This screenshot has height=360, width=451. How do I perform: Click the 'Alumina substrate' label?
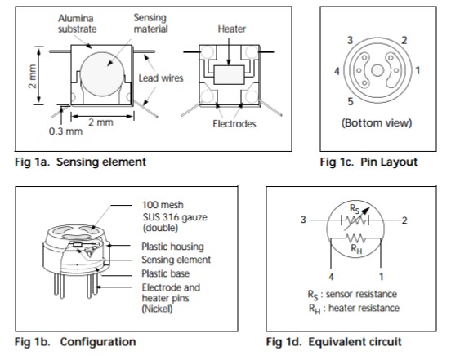click(x=77, y=24)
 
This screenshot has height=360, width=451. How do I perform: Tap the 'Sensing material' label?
click(x=150, y=24)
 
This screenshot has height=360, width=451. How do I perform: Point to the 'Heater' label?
click(x=231, y=29)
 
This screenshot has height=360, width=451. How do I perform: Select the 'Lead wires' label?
click(x=161, y=78)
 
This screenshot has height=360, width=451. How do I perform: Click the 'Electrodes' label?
click(x=234, y=123)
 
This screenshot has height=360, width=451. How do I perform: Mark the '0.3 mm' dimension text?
click(x=65, y=131)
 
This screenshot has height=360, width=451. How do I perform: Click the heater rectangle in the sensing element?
click(x=229, y=75)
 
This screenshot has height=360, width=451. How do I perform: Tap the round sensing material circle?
click(x=102, y=74)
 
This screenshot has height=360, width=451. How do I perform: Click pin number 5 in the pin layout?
click(x=350, y=101)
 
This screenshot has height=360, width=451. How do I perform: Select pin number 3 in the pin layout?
click(x=350, y=40)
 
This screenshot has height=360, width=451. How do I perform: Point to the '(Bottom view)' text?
click(x=377, y=122)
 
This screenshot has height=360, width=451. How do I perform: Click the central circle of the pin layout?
click(x=377, y=70)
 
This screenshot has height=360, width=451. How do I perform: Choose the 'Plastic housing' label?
click(x=172, y=247)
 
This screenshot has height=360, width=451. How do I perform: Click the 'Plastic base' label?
click(x=165, y=273)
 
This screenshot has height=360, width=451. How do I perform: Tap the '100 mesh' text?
click(x=163, y=205)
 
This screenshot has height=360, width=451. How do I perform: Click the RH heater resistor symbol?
click(x=355, y=238)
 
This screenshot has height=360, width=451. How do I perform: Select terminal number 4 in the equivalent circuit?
click(x=331, y=277)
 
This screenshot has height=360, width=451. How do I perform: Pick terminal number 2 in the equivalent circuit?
click(x=404, y=220)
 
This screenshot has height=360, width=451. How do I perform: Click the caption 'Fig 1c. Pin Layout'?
click(x=368, y=162)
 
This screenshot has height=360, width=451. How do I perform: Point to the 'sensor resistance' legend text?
click(x=361, y=294)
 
